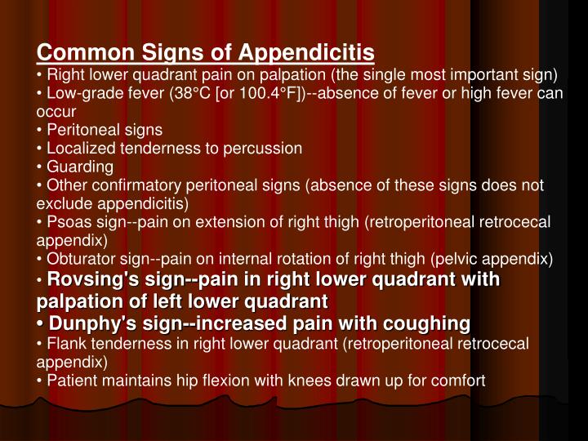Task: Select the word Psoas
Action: click(67, 223)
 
